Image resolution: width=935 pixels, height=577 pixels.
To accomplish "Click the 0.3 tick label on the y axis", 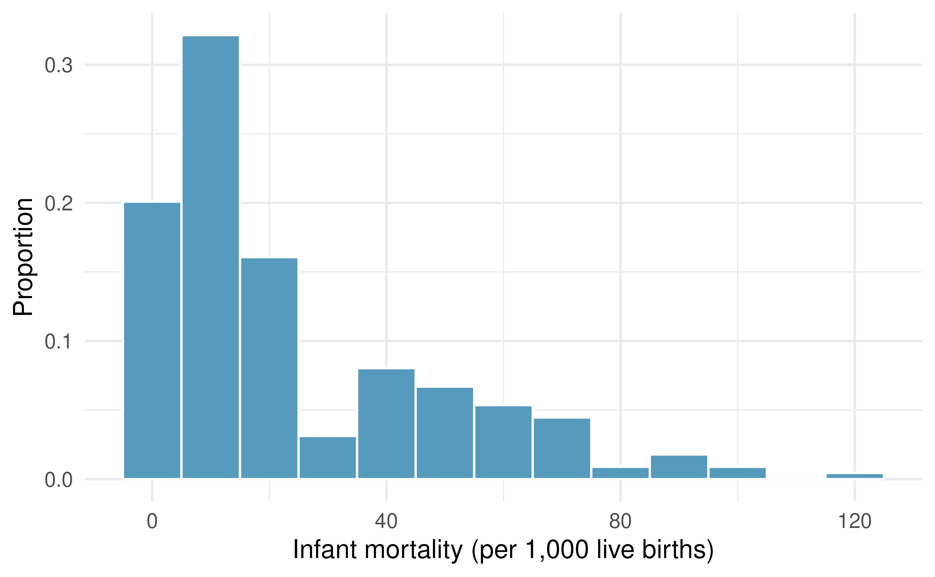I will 58,66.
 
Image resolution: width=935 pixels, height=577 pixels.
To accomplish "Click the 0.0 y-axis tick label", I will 58,480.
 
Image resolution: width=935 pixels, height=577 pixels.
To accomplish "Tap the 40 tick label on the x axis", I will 386,521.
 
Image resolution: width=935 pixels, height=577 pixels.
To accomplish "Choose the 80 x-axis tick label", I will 620,521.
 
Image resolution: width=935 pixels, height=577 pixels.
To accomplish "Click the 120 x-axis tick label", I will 854,521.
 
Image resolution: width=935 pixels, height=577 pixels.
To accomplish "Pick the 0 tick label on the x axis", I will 152,521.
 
